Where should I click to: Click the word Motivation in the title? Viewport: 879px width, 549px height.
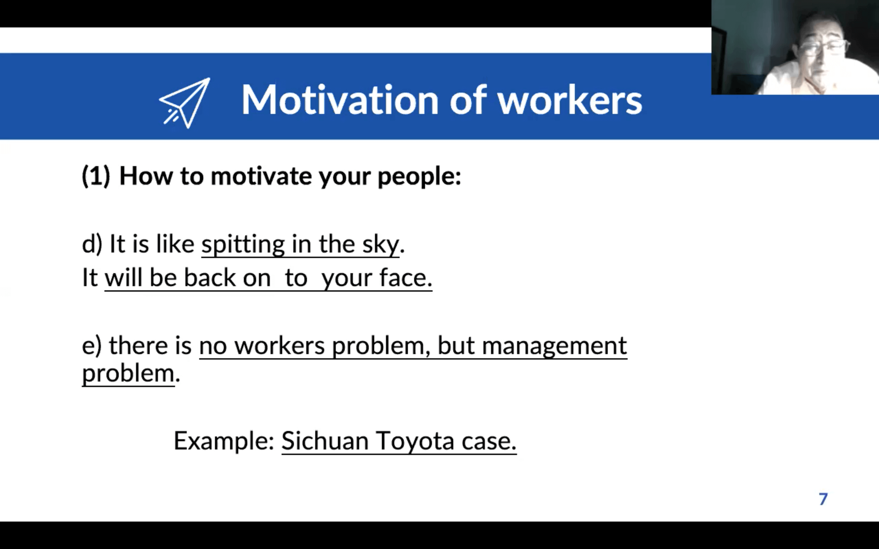pos(340,100)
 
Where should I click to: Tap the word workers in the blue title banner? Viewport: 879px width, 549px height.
pos(570,100)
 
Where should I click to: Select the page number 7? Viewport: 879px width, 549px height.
pos(823,499)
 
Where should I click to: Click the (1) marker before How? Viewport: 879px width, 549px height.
pos(96,176)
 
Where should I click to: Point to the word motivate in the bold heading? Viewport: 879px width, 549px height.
pos(261,176)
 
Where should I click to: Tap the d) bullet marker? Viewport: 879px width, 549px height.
pos(92,244)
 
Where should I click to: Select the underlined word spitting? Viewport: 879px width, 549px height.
pos(243,244)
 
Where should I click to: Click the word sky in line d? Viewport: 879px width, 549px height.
pos(381,244)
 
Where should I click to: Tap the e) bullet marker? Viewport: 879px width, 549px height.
pos(92,346)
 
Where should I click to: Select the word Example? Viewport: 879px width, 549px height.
pos(224,441)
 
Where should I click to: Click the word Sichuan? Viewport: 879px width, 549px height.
pos(325,441)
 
